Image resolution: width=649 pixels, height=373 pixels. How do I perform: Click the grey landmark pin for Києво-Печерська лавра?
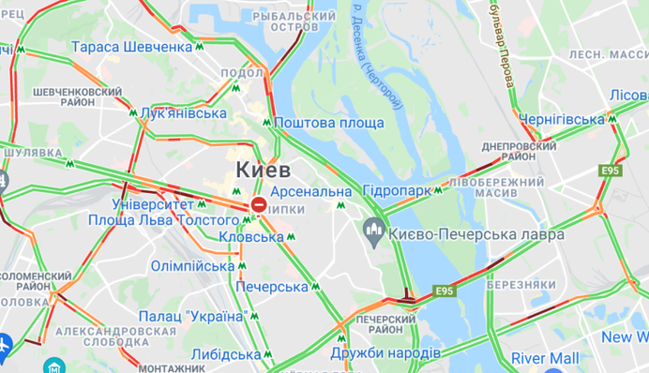374,228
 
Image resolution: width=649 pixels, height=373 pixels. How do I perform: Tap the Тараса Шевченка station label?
131,47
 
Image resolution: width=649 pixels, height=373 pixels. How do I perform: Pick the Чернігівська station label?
563,119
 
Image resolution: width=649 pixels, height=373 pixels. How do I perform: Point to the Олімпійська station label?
195,266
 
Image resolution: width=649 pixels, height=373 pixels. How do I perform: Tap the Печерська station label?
272,286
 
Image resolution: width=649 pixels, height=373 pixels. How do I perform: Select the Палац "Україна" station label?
191,316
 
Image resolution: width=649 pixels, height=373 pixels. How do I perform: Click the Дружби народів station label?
385,353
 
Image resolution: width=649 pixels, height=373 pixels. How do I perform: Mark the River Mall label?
545,358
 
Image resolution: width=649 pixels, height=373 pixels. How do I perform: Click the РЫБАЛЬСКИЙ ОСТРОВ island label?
295,22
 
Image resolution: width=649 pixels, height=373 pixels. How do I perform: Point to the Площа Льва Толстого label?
162,219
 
